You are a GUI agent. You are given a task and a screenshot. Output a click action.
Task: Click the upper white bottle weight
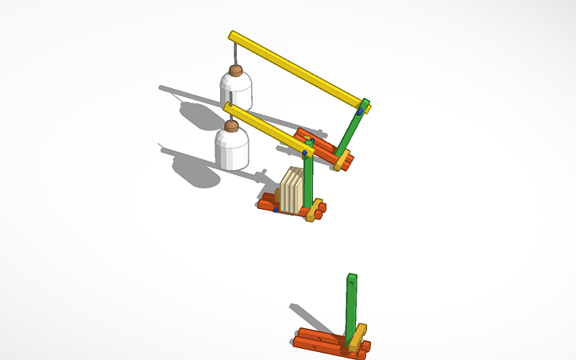coord(236,91)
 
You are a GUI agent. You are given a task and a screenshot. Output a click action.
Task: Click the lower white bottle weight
coord(231,149)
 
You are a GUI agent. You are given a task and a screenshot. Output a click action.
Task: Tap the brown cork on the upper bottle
coord(236,71)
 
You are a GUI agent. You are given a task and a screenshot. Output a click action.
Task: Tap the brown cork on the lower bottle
coord(231,126)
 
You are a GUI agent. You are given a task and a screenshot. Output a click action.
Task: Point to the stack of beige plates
coord(292,191)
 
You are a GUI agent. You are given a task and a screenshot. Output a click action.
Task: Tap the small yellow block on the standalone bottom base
coord(358,337)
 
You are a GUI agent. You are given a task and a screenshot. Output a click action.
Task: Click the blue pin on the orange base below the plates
coord(275,210)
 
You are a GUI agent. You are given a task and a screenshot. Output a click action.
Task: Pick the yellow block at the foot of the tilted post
coord(342,162)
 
